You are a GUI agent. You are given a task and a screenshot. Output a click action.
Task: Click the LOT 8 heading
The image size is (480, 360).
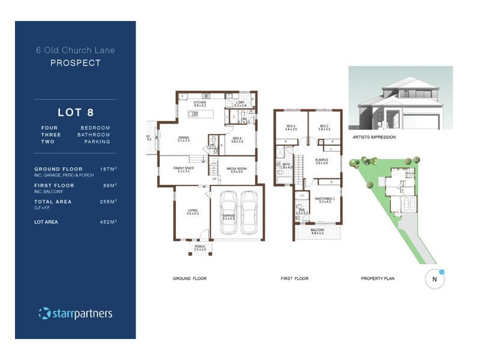75,112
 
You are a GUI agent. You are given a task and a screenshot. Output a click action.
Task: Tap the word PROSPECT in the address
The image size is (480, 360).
75,62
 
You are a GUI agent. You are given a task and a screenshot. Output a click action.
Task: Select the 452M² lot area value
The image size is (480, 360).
108,222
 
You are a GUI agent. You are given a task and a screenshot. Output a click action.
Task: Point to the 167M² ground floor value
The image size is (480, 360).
108,169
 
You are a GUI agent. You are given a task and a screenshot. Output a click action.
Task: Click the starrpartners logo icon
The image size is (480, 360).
44,313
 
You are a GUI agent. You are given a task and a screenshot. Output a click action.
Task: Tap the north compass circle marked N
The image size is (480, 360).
434,279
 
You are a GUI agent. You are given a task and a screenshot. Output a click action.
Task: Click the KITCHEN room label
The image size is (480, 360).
199,103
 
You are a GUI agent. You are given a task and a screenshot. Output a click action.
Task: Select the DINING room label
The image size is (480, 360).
184,138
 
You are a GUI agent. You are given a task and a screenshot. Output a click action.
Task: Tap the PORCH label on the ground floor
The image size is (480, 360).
199,247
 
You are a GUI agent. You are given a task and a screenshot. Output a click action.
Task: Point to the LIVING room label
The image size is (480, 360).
191,211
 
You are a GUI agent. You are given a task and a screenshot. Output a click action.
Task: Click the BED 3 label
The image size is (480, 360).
292,127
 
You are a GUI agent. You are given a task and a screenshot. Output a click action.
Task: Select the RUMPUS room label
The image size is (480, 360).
322,160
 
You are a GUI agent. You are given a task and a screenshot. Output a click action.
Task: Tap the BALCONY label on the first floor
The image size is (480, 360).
318,229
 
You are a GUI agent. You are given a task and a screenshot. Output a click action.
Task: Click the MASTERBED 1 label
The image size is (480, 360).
325,199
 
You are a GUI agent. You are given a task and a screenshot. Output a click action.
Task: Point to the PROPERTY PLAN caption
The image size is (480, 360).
376,279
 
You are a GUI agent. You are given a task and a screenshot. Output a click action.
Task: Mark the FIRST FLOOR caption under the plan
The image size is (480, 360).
295,279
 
